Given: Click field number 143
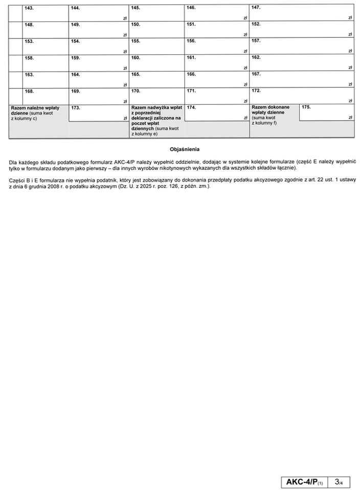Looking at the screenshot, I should click(x=46, y=13).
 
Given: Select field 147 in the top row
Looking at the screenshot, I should click(x=302, y=13).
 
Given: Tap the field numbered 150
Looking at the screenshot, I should click(x=156, y=30).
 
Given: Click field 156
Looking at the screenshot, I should click(x=217, y=46).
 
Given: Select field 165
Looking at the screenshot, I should click(x=156, y=79).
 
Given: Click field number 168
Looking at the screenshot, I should click(x=46, y=96).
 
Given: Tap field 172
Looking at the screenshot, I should click(x=302, y=96).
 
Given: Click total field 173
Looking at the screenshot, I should click(x=99, y=113).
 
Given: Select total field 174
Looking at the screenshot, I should click(x=217, y=113).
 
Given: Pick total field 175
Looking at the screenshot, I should click(x=327, y=113).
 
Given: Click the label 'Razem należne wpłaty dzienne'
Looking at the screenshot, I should click(x=35, y=110).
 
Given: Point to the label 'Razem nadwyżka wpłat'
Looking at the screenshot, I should click(x=156, y=108).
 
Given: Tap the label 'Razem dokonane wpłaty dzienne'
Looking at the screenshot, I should click(x=271, y=110).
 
